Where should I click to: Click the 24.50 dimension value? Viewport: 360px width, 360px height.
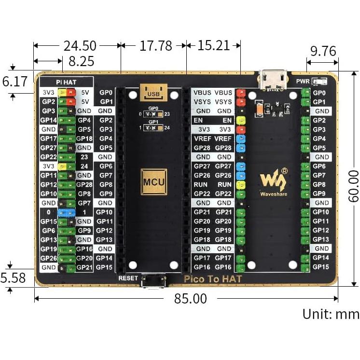pos(80,46)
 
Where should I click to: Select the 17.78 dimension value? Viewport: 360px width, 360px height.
pos(156,46)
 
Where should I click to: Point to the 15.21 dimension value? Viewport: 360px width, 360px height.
pos(213,46)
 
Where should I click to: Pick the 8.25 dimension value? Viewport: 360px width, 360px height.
pos(81,61)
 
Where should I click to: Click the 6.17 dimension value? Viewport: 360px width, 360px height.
pos(15,81)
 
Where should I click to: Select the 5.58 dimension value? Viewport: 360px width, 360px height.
pos(13,278)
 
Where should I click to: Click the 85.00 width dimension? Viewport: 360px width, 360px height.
pos(191,298)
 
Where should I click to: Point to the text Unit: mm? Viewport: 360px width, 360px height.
pos(331,314)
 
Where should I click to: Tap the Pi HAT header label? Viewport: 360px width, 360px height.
pos(66,83)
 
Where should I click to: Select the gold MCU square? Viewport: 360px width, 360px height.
pos(153,182)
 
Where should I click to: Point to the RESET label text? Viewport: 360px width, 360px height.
pos(128,278)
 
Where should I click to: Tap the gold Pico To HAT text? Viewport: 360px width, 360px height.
pos(213,278)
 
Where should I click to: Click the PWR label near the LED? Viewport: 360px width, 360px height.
pos(303,81)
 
